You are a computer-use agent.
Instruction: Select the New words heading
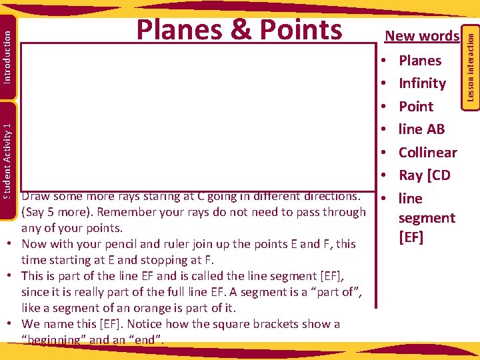click(423, 36)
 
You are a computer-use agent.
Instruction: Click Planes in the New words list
click(419, 61)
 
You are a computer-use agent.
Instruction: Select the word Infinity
click(422, 83)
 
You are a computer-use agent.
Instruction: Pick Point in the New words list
click(415, 107)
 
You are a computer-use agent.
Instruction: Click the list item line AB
click(421, 129)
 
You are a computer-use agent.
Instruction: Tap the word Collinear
click(427, 153)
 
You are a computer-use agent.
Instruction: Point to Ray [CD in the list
click(424, 175)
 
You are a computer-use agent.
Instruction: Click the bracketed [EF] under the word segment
click(411, 237)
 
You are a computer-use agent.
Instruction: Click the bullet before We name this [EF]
click(13, 324)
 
